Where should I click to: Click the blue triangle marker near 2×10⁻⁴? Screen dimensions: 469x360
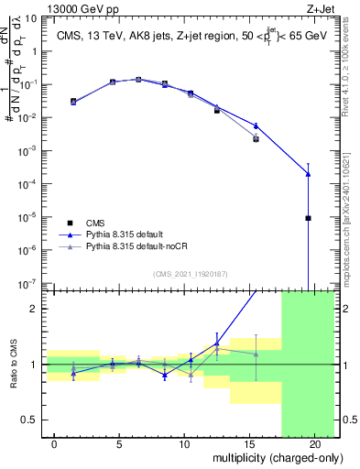pos(309,173)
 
